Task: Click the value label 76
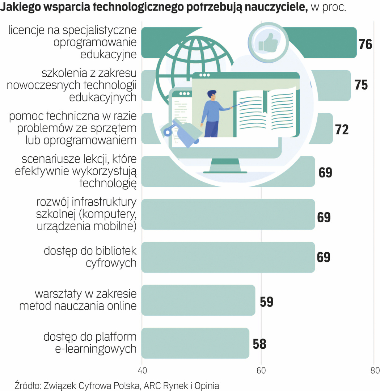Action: tap(365, 44)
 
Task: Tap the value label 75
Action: tap(361, 85)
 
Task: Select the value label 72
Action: tap(342, 129)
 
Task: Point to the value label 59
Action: tap(266, 302)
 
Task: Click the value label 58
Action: tap(259, 344)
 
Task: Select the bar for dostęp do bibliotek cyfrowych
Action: tap(228, 257)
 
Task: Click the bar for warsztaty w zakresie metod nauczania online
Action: tap(198, 300)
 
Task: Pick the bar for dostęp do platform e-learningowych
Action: tap(195, 343)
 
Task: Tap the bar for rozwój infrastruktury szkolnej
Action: tap(228, 214)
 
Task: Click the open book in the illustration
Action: tap(266, 113)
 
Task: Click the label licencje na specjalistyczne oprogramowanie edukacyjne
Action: tap(72, 43)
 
